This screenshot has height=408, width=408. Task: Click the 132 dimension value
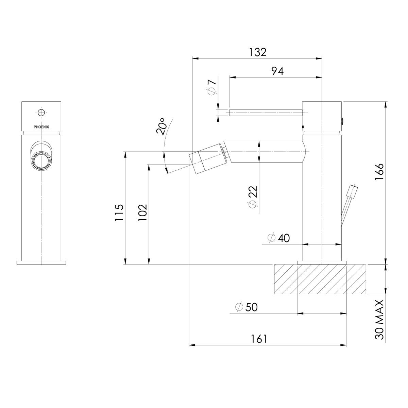pyautogui.click(x=257, y=52)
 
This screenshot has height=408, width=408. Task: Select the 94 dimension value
pyautogui.click(x=277, y=71)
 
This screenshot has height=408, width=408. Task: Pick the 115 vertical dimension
pyautogui.click(x=119, y=213)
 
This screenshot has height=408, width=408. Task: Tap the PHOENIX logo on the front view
pyautogui.click(x=41, y=127)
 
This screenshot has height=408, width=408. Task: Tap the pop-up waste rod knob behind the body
pyautogui.click(x=352, y=191)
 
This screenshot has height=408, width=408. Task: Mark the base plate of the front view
pyautogui.click(x=41, y=262)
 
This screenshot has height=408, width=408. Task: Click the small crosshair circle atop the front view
pyautogui.click(x=41, y=112)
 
